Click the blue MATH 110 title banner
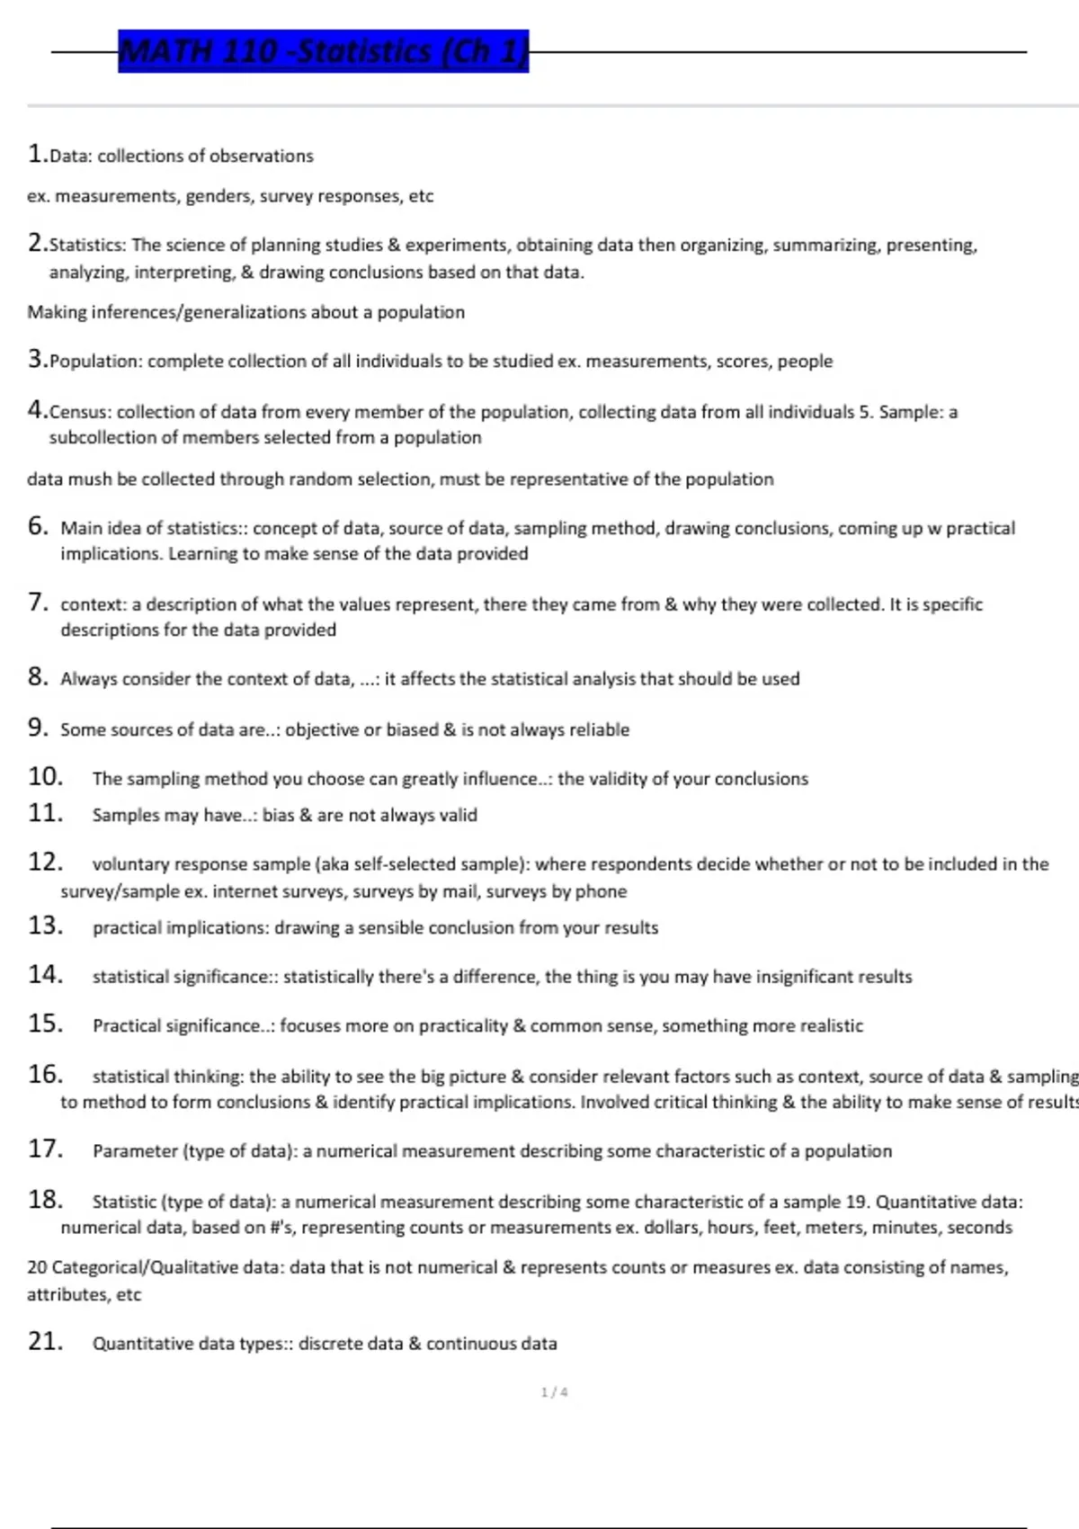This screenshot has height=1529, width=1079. (323, 51)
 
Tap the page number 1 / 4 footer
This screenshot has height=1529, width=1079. (554, 1392)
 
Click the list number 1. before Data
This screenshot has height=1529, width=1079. (37, 154)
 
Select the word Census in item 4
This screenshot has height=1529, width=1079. (79, 412)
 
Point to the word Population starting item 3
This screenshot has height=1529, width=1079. (95, 362)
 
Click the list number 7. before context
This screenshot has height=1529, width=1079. (38, 603)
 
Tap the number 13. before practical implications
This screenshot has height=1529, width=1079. (45, 925)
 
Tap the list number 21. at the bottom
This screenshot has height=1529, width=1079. (45, 1342)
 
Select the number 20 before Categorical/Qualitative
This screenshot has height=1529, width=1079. (37, 1267)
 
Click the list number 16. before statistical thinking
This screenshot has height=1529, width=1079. (45, 1075)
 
